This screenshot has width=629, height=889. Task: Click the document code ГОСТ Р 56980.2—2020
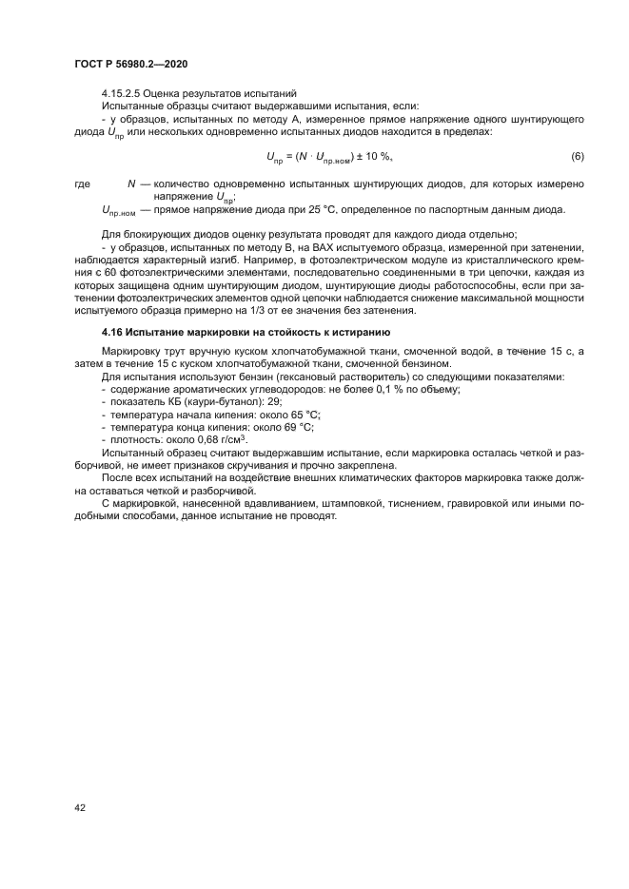point(130,63)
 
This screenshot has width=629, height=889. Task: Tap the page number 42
point(81,807)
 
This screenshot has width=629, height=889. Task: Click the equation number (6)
point(577,156)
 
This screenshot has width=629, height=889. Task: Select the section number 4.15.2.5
point(125,93)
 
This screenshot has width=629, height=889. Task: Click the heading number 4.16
point(113,332)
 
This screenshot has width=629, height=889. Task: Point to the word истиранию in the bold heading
point(354,332)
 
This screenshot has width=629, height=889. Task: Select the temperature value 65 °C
point(299,416)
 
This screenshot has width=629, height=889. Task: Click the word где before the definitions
point(82,184)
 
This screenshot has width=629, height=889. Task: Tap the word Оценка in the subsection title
point(168,93)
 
